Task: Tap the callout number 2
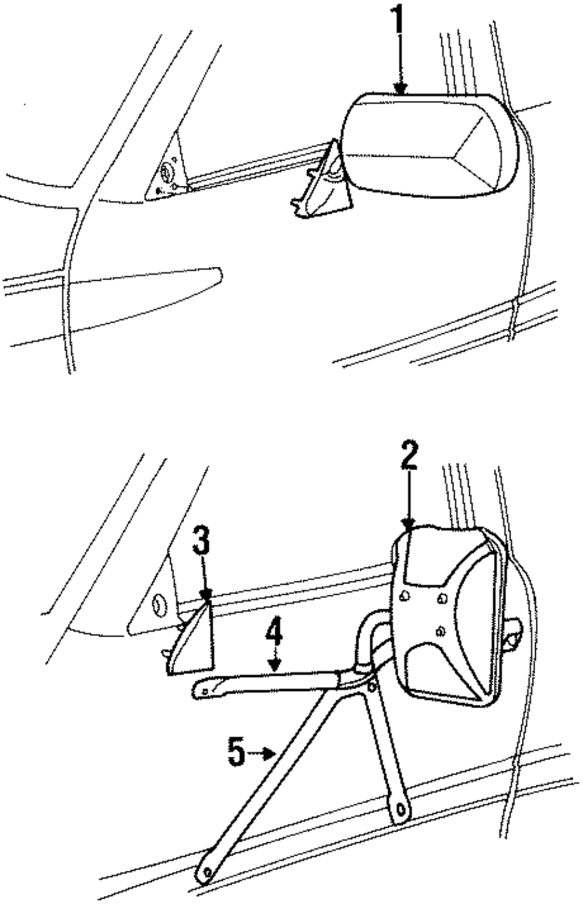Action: tap(410, 455)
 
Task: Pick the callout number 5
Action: tap(236, 753)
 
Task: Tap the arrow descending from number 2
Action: tap(410, 501)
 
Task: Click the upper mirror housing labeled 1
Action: tap(429, 146)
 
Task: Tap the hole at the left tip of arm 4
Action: tap(205, 691)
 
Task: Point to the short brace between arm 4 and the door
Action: tap(385, 751)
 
